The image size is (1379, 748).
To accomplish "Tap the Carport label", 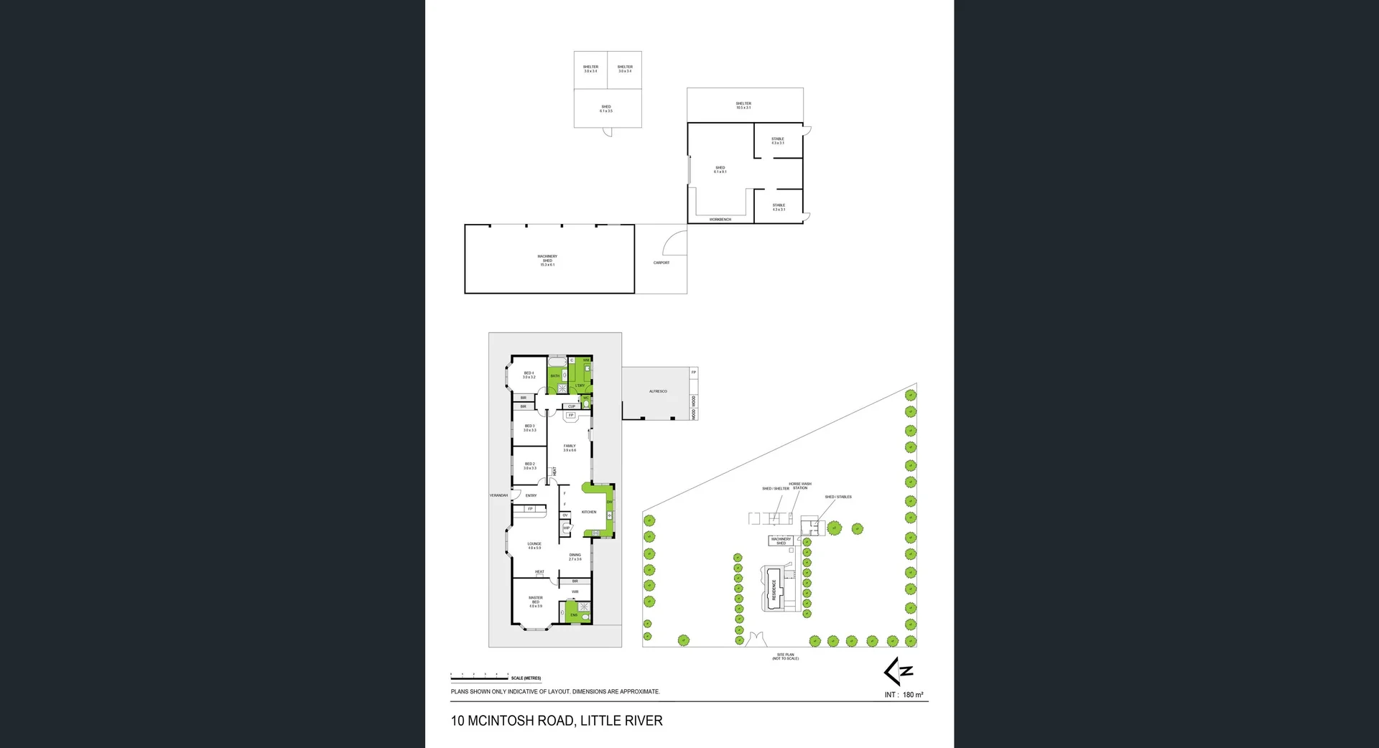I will click(661, 263).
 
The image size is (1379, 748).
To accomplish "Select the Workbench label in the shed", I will click(720, 219).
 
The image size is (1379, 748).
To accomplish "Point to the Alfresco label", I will click(658, 391).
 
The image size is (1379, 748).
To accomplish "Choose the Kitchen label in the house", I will click(589, 512).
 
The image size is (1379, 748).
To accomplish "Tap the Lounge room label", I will click(534, 546).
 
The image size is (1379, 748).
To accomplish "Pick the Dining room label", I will click(575, 556).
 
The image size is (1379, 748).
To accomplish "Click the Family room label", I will click(570, 448).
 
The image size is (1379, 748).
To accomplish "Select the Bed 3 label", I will click(530, 428).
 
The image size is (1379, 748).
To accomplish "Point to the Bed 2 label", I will click(530, 466).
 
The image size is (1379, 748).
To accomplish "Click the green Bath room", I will click(555, 376).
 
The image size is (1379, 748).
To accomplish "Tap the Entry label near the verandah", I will click(531, 495).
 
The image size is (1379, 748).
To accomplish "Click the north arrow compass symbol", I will click(899, 671).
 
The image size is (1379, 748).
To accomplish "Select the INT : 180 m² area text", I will click(904, 695).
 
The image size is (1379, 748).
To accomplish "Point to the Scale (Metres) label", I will click(526, 678).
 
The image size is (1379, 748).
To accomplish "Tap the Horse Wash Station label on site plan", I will click(800, 486).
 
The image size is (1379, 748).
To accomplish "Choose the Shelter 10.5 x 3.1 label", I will click(743, 106).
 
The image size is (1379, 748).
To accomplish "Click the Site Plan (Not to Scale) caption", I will click(785, 656).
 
